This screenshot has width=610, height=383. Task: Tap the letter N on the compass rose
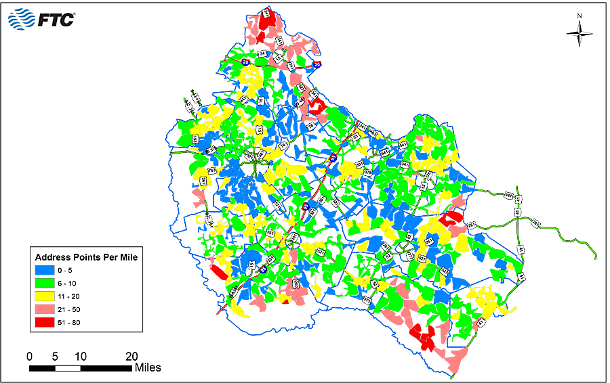579,16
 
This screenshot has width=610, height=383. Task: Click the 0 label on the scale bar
29,356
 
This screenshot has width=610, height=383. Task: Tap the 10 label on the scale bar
80,356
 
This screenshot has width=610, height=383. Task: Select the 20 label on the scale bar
131,356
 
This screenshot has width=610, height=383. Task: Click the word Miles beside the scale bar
148,368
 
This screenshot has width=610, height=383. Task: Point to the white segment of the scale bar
67,368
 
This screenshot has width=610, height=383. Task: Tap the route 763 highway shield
211,170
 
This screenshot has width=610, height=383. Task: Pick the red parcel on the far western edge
219,272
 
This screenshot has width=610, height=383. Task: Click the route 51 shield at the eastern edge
522,277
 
